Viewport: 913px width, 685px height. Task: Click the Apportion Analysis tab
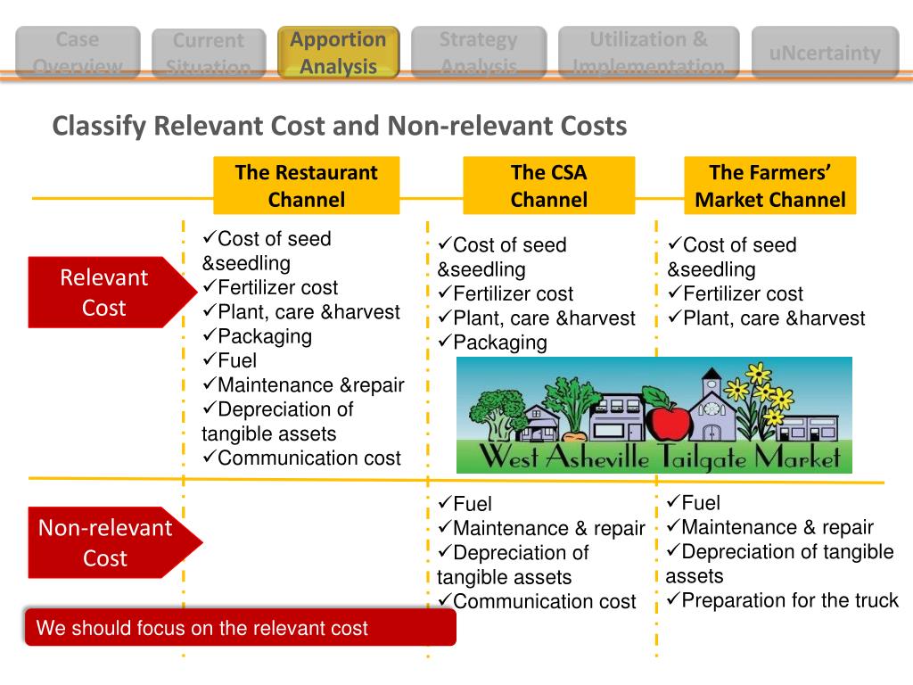point(338,53)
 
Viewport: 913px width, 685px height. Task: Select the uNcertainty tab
point(825,53)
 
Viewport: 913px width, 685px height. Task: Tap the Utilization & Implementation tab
point(648,53)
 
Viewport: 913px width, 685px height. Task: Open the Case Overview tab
point(78,53)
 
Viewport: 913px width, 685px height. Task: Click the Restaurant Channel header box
point(306,186)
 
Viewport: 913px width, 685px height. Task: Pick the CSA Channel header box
point(548,186)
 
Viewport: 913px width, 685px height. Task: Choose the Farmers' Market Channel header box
point(769,186)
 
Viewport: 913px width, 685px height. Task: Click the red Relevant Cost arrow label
point(105,293)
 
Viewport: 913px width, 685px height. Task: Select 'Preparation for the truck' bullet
point(790,600)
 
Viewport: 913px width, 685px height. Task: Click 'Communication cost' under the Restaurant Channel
point(308,458)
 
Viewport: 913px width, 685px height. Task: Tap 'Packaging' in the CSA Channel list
point(499,342)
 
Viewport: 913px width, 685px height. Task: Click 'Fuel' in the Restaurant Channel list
point(236,360)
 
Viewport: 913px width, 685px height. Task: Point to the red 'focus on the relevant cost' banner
point(240,628)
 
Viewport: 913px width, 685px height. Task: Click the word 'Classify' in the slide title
point(98,127)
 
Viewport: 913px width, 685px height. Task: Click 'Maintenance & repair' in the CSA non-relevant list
point(548,529)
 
